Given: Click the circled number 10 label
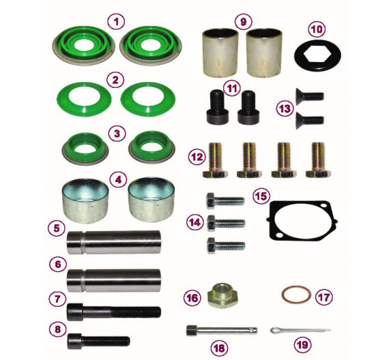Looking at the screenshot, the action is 317,29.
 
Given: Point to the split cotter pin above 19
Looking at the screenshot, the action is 300,330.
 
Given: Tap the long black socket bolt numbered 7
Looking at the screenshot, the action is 114,312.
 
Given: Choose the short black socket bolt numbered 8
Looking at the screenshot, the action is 98,341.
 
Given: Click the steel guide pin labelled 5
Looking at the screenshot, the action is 113,243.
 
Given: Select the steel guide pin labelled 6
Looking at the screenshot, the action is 113,280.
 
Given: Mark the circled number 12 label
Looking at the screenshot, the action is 197,157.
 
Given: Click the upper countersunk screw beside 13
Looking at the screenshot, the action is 310,95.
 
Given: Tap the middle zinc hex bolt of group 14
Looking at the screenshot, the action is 226,224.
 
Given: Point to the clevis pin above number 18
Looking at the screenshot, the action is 222,331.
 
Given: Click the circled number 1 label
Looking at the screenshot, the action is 115,21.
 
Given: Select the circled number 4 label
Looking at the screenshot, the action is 119,179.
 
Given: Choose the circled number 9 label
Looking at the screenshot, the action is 244,22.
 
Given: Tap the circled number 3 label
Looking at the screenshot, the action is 117,134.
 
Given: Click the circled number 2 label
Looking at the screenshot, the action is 115,80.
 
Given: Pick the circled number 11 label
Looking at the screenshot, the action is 232,89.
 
